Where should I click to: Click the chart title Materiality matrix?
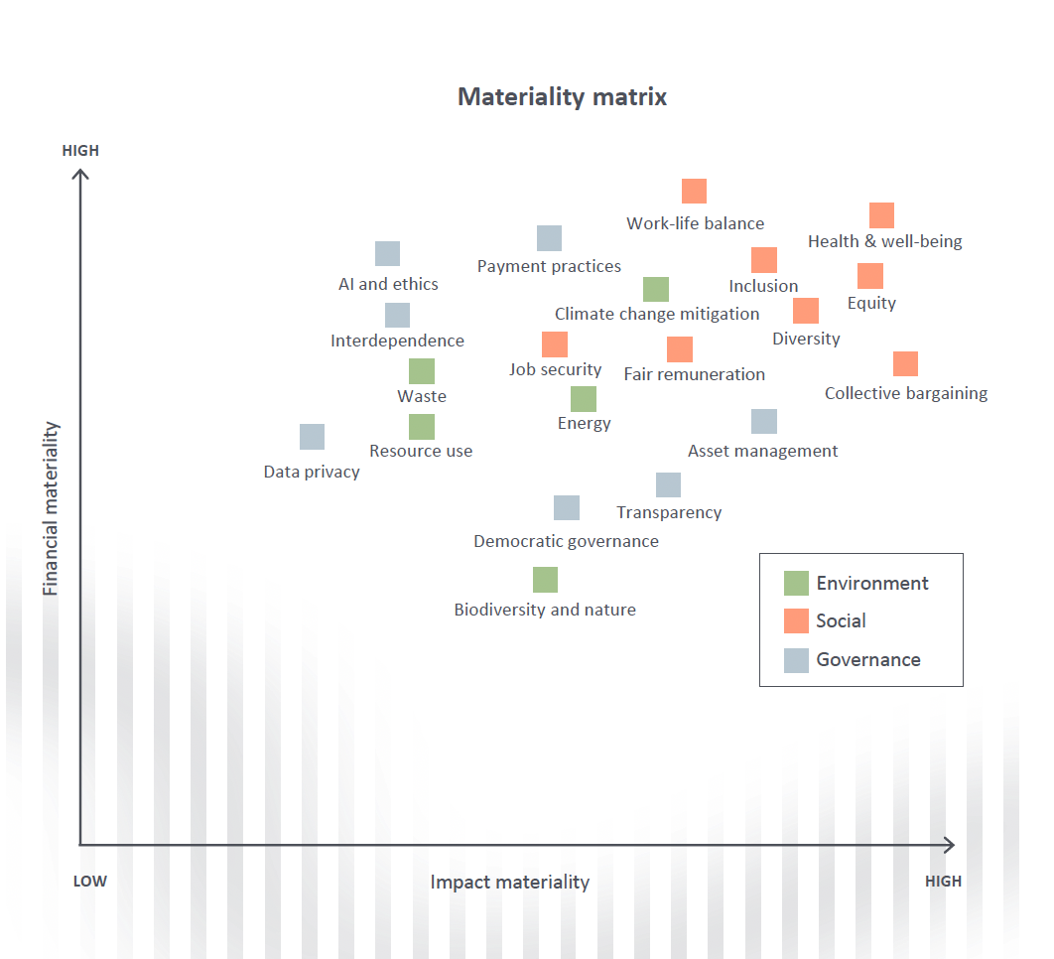point(562,97)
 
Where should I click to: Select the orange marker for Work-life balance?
point(694,191)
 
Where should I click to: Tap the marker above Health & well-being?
point(881,215)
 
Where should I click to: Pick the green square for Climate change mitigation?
point(655,289)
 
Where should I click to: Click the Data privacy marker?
point(312,437)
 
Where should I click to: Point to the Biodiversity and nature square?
point(545,580)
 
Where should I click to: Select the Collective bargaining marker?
point(905,363)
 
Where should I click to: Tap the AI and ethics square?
point(387,253)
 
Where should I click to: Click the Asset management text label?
point(762,451)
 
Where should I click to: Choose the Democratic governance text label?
point(566,541)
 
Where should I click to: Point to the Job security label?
point(555,370)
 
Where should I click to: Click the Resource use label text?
point(421,451)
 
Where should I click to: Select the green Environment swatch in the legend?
point(796,583)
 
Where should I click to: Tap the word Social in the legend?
point(841,620)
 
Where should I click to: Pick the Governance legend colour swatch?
point(796,660)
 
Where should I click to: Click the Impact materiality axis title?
point(509,882)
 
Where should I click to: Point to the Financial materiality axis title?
point(51,508)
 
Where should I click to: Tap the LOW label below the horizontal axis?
point(90,881)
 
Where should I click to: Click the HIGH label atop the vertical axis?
point(80,151)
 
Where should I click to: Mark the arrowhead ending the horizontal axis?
point(950,845)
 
